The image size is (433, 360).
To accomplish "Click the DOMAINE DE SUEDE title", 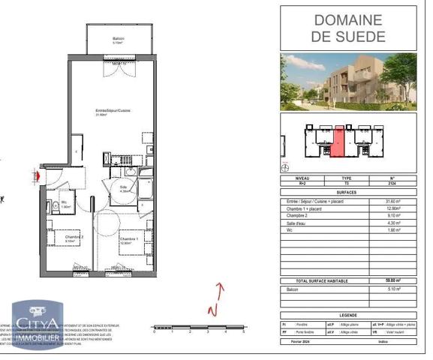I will [x=349, y=28].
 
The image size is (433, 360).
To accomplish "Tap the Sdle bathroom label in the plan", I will [x=125, y=189].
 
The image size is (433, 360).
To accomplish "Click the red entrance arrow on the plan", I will [x=35, y=175].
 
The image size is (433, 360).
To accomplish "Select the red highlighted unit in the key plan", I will [x=338, y=142].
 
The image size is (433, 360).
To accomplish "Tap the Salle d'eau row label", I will [x=297, y=222].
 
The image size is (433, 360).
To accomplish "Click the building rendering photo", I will [x=348, y=81].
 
